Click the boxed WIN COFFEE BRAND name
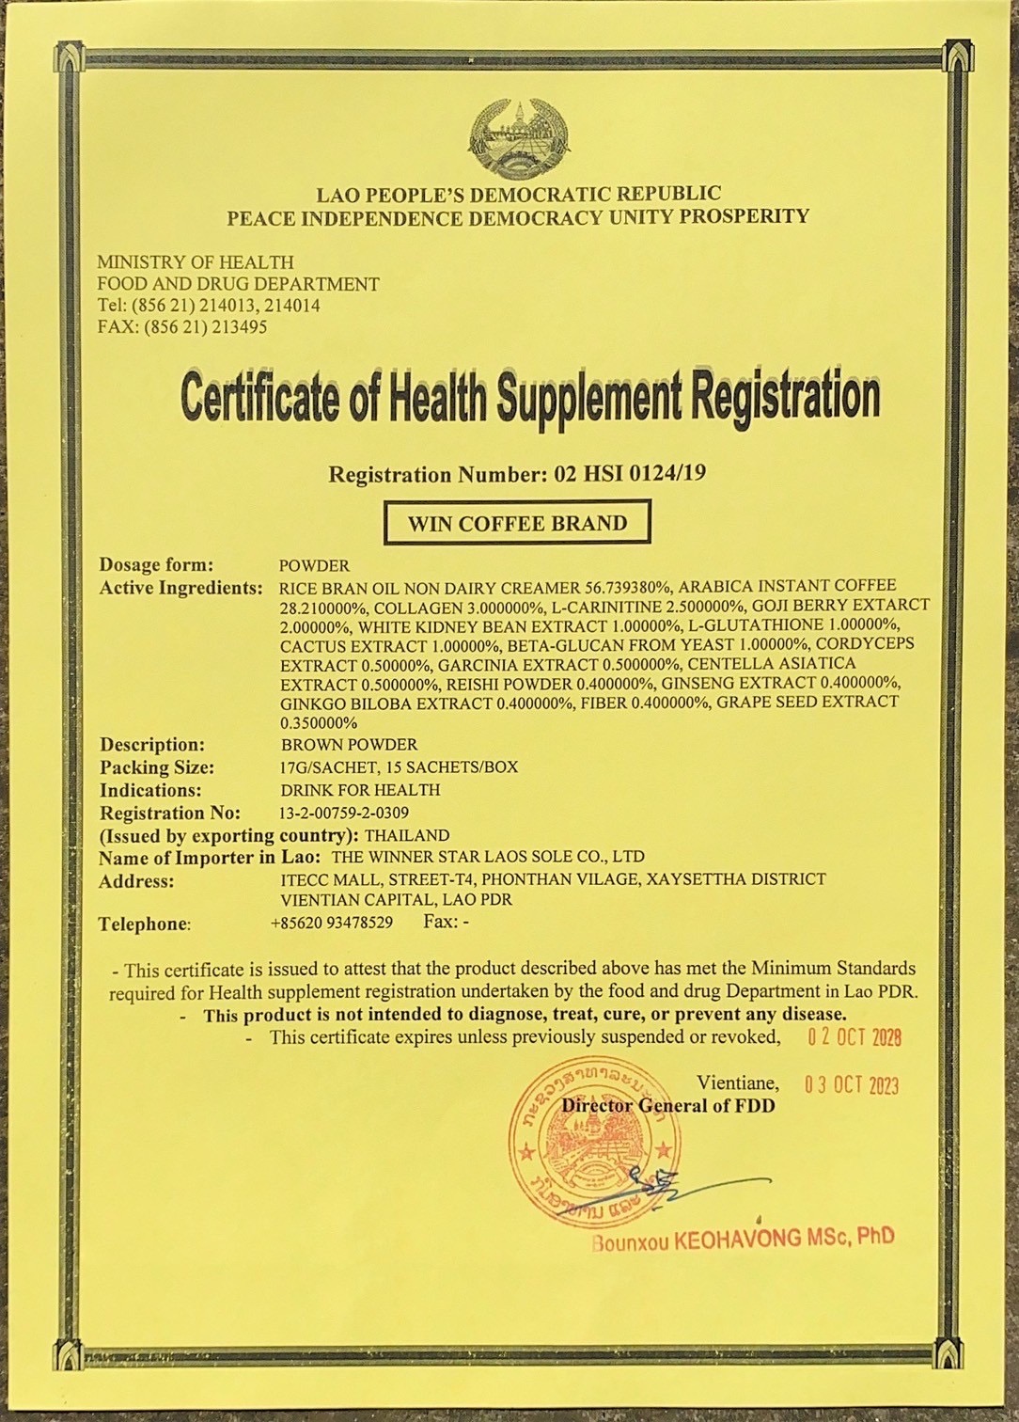tap(517, 524)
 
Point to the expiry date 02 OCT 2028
tap(854, 1037)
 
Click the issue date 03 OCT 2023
tap(851, 1085)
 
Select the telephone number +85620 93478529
tap(332, 923)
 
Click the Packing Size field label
tap(157, 767)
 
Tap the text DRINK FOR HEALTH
tap(360, 790)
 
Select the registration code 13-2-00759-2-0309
tap(344, 813)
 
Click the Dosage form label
tap(156, 565)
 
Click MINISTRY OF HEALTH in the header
tap(196, 262)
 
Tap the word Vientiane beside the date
tap(737, 1083)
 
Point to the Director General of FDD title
tap(668, 1106)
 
